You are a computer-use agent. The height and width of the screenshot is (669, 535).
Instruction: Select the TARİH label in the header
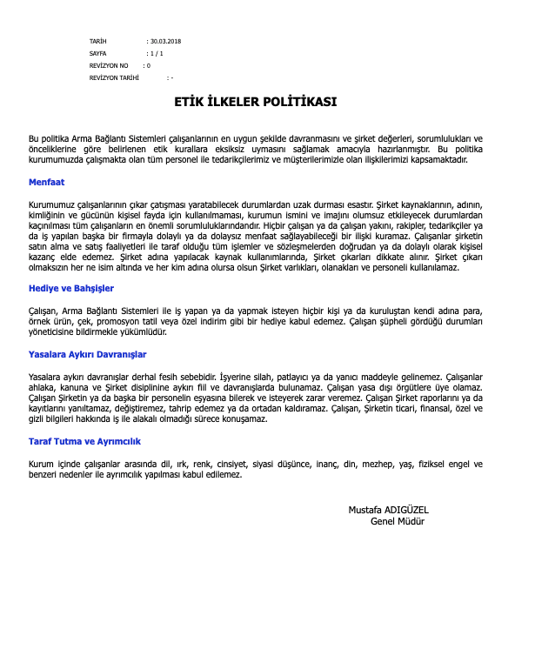pyautogui.click(x=97, y=41)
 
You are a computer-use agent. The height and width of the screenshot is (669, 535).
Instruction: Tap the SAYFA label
pyautogui.click(x=98, y=53)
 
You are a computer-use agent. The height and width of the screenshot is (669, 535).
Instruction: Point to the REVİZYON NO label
pyautogui.click(x=109, y=65)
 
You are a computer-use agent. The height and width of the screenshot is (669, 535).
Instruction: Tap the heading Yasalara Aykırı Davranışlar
pyautogui.click(x=87, y=354)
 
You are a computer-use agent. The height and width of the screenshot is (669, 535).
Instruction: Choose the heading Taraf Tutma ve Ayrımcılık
pyautogui.click(x=84, y=441)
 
